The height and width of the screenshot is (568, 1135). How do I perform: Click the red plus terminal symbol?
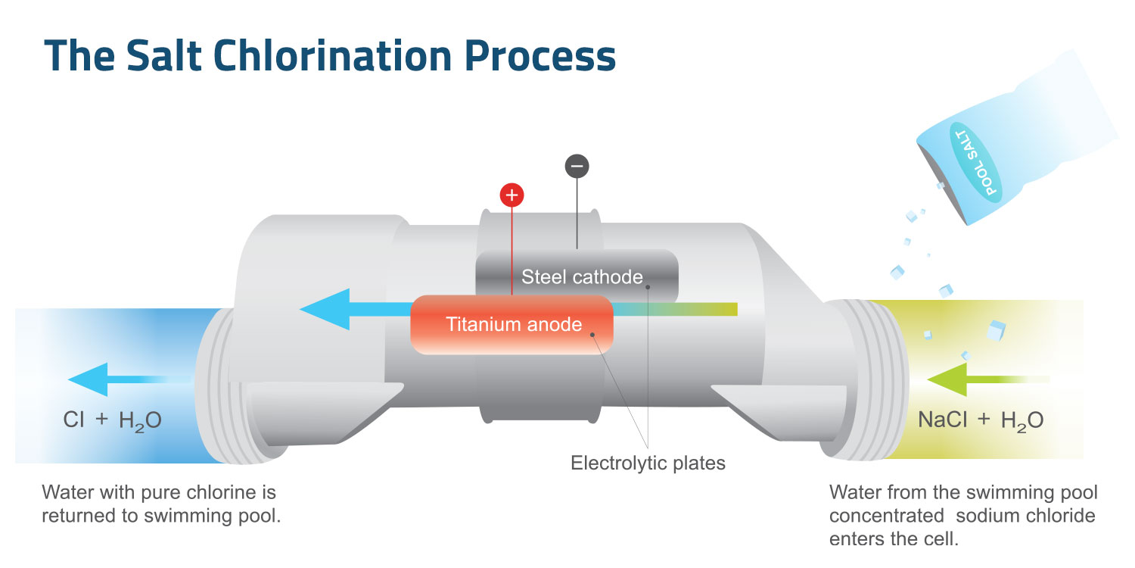(512, 195)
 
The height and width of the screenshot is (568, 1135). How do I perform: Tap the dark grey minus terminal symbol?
(577, 166)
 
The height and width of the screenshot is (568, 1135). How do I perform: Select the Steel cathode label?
(582, 276)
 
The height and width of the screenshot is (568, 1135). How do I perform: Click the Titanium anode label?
(514, 325)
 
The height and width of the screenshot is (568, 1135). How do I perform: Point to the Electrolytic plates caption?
(648, 463)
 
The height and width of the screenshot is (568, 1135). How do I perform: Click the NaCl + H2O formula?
(981, 421)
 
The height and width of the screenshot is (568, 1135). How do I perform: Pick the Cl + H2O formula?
(112, 421)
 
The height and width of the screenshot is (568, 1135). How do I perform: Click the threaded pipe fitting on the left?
(219, 386)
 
